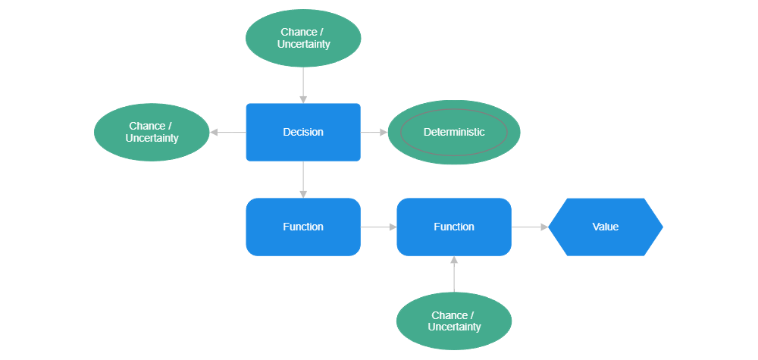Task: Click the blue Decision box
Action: point(302,132)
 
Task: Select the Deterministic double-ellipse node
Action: point(453,132)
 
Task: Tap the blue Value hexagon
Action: point(605,227)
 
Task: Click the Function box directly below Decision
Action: point(302,227)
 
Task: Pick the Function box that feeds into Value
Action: point(453,227)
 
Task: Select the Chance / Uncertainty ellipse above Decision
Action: point(303,38)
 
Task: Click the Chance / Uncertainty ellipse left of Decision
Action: point(151,132)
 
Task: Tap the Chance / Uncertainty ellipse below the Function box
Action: point(453,321)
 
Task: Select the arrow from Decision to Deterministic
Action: point(374,132)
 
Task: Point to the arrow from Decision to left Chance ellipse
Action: point(227,132)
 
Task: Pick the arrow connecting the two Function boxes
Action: point(378,227)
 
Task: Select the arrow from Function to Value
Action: point(529,227)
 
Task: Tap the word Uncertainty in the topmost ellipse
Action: point(303,44)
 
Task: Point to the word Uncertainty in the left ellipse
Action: point(152,139)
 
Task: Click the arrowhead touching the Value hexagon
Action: point(544,227)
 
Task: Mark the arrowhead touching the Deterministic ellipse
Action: point(384,132)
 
